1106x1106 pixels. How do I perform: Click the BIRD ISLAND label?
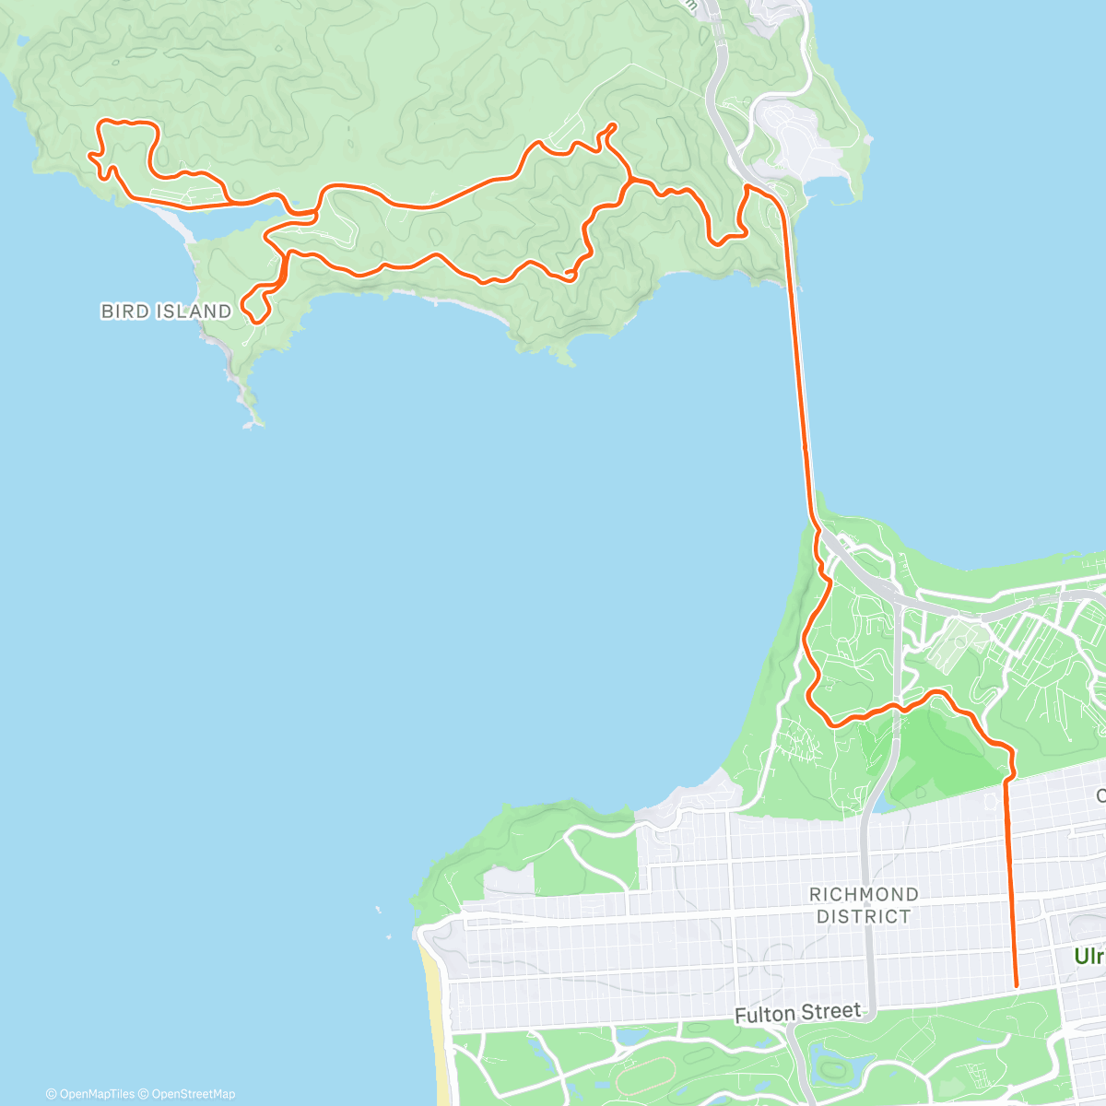point(166,312)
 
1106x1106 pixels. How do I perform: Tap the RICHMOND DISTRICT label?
point(864,905)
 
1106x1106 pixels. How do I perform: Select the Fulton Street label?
point(798,1013)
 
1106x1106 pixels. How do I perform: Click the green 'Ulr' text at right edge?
point(1089,957)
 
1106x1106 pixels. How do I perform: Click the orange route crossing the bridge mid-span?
point(797,369)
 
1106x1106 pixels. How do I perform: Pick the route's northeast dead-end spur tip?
point(614,124)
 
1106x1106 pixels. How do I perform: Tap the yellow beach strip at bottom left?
point(433,1014)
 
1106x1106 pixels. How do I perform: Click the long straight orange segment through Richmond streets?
point(1010,876)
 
